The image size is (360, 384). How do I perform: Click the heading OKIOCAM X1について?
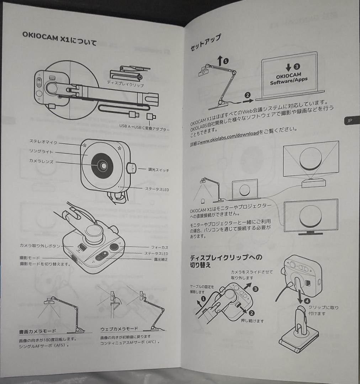click(59, 38)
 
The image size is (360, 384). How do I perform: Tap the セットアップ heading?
click(206, 43)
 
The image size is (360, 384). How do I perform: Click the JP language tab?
click(349, 121)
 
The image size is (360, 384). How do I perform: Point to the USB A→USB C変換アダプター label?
click(144, 128)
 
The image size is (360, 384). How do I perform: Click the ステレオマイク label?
click(43, 142)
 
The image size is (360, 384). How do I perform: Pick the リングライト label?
click(41, 152)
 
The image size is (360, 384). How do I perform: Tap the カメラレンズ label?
click(41, 161)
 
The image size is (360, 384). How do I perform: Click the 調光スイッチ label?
click(159, 170)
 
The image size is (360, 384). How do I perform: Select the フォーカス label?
click(159, 247)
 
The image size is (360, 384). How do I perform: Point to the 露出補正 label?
click(161, 260)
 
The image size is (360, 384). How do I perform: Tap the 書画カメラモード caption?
click(37, 331)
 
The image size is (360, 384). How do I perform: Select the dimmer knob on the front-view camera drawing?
click(131, 168)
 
